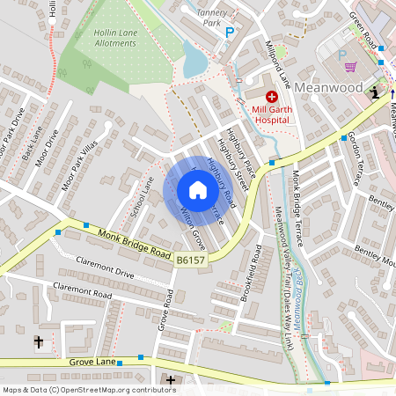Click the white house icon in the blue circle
198,190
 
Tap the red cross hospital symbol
271,96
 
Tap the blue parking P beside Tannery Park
230,33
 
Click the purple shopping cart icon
350,67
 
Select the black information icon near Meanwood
376,92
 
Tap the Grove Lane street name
92,362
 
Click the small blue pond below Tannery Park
194,59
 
